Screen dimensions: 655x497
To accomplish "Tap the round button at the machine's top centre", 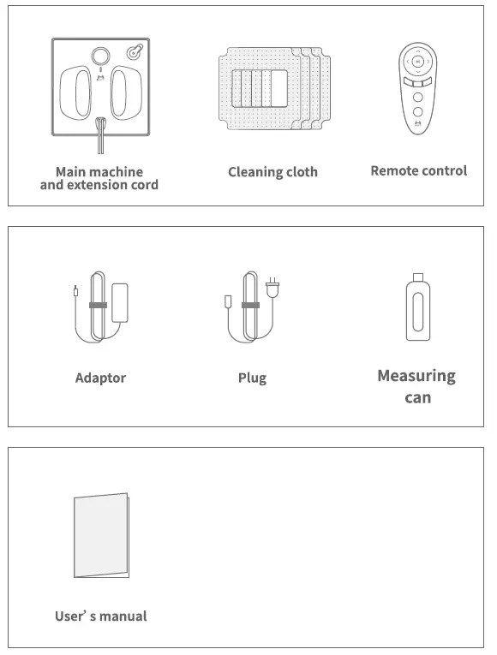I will point(100,56).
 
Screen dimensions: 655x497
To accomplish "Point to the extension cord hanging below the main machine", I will point(100,137).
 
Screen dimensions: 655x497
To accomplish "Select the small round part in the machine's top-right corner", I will point(135,52).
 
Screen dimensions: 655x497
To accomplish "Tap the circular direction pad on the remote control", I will point(417,62).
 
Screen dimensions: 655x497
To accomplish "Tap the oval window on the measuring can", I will point(417,314).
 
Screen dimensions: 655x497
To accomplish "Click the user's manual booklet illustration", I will point(101,535).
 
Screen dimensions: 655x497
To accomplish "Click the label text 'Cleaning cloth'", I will point(272,172).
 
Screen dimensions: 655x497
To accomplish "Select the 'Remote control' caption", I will point(418,170).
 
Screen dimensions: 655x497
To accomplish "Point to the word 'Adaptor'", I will point(100,378).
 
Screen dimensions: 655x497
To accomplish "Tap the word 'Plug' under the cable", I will point(252,378).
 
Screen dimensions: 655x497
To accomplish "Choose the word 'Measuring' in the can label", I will point(416,376).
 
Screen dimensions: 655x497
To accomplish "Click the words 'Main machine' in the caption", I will point(99,172).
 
